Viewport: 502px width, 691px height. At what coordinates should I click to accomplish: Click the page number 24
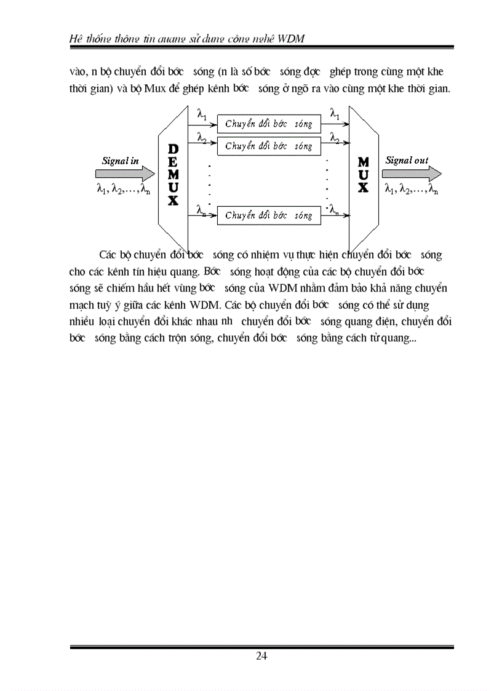[261, 655]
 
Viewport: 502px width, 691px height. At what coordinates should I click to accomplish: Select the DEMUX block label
[173, 175]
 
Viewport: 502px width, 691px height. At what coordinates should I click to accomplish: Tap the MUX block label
[363, 174]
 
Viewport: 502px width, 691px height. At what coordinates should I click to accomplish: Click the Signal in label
[120, 161]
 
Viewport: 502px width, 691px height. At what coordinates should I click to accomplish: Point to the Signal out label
[407, 160]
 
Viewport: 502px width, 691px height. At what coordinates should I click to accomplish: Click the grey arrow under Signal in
[121, 174]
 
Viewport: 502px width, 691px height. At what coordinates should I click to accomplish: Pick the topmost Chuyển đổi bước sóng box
[269, 124]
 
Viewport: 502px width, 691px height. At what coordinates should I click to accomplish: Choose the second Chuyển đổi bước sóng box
[269, 146]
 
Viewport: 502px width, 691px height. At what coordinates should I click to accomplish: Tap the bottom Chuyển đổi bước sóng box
[269, 215]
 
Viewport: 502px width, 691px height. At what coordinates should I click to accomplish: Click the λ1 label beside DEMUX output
[202, 114]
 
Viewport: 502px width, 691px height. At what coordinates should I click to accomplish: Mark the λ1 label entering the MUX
[335, 113]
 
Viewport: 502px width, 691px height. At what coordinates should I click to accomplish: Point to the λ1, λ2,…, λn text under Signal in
[123, 190]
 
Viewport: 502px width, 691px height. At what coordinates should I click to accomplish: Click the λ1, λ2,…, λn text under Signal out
[411, 190]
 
